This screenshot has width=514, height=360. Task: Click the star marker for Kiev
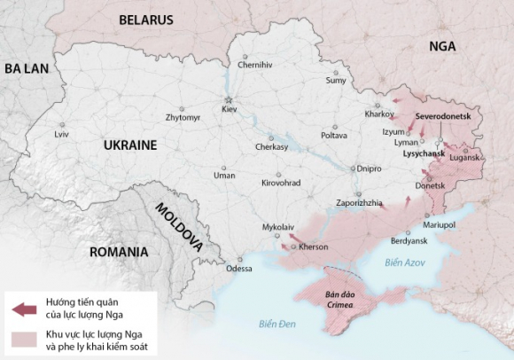[x=229, y=98]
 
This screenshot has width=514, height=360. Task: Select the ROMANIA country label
[x=118, y=252]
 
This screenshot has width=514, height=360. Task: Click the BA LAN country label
[x=27, y=68]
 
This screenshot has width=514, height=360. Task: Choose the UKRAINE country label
[x=129, y=145]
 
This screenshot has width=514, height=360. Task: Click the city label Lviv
[x=61, y=134]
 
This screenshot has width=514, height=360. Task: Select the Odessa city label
[x=238, y=269]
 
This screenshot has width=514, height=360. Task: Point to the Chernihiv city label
[x=255, y=65]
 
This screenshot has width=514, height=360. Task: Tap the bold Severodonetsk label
[x=447, y=116]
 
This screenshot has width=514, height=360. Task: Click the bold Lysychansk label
[x=424, y=153]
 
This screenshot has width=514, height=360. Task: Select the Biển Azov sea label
[x=405, y=262]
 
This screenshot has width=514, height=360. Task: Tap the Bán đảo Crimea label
[x=339, y=300]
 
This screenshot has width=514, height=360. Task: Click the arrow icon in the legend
[x=25, y=309]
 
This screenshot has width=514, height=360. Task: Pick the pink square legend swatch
[x=25, y=339]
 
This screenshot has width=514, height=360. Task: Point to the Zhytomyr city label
[x=183, y=117]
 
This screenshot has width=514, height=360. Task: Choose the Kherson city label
[x=313, y=247]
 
